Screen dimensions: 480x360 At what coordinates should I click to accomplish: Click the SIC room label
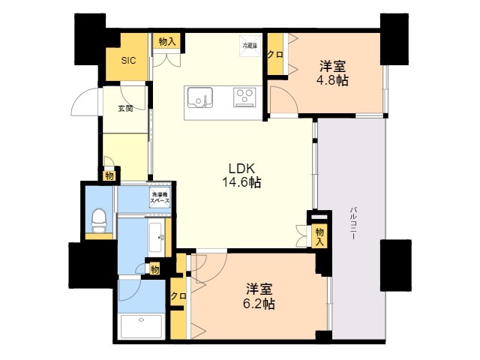coord(128,61)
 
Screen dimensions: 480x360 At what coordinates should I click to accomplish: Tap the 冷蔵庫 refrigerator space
coord(250,46)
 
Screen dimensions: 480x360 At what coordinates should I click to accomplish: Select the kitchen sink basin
coord(200,98)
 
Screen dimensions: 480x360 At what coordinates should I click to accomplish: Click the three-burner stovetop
coord(244,97)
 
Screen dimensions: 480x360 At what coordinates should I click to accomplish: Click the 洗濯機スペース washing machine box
coord(160,197)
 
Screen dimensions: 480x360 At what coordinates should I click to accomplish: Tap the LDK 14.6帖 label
coord(241,175)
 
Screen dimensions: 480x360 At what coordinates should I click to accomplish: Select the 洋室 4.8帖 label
coord(332,73)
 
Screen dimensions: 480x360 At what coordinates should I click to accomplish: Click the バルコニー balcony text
coord(353,223)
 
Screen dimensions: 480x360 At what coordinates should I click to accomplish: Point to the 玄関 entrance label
coord(125,108)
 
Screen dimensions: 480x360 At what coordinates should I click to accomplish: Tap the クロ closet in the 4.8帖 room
coord(275,55)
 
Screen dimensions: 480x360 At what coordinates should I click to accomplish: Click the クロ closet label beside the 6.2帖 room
coord(178,296)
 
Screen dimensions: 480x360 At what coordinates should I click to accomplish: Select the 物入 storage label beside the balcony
coord(320,236)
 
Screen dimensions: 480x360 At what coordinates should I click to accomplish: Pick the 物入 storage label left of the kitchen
coord(167,42)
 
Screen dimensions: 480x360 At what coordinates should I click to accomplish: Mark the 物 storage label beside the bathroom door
coord(155,270)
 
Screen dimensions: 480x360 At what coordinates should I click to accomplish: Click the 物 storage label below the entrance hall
coord(109,176)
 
